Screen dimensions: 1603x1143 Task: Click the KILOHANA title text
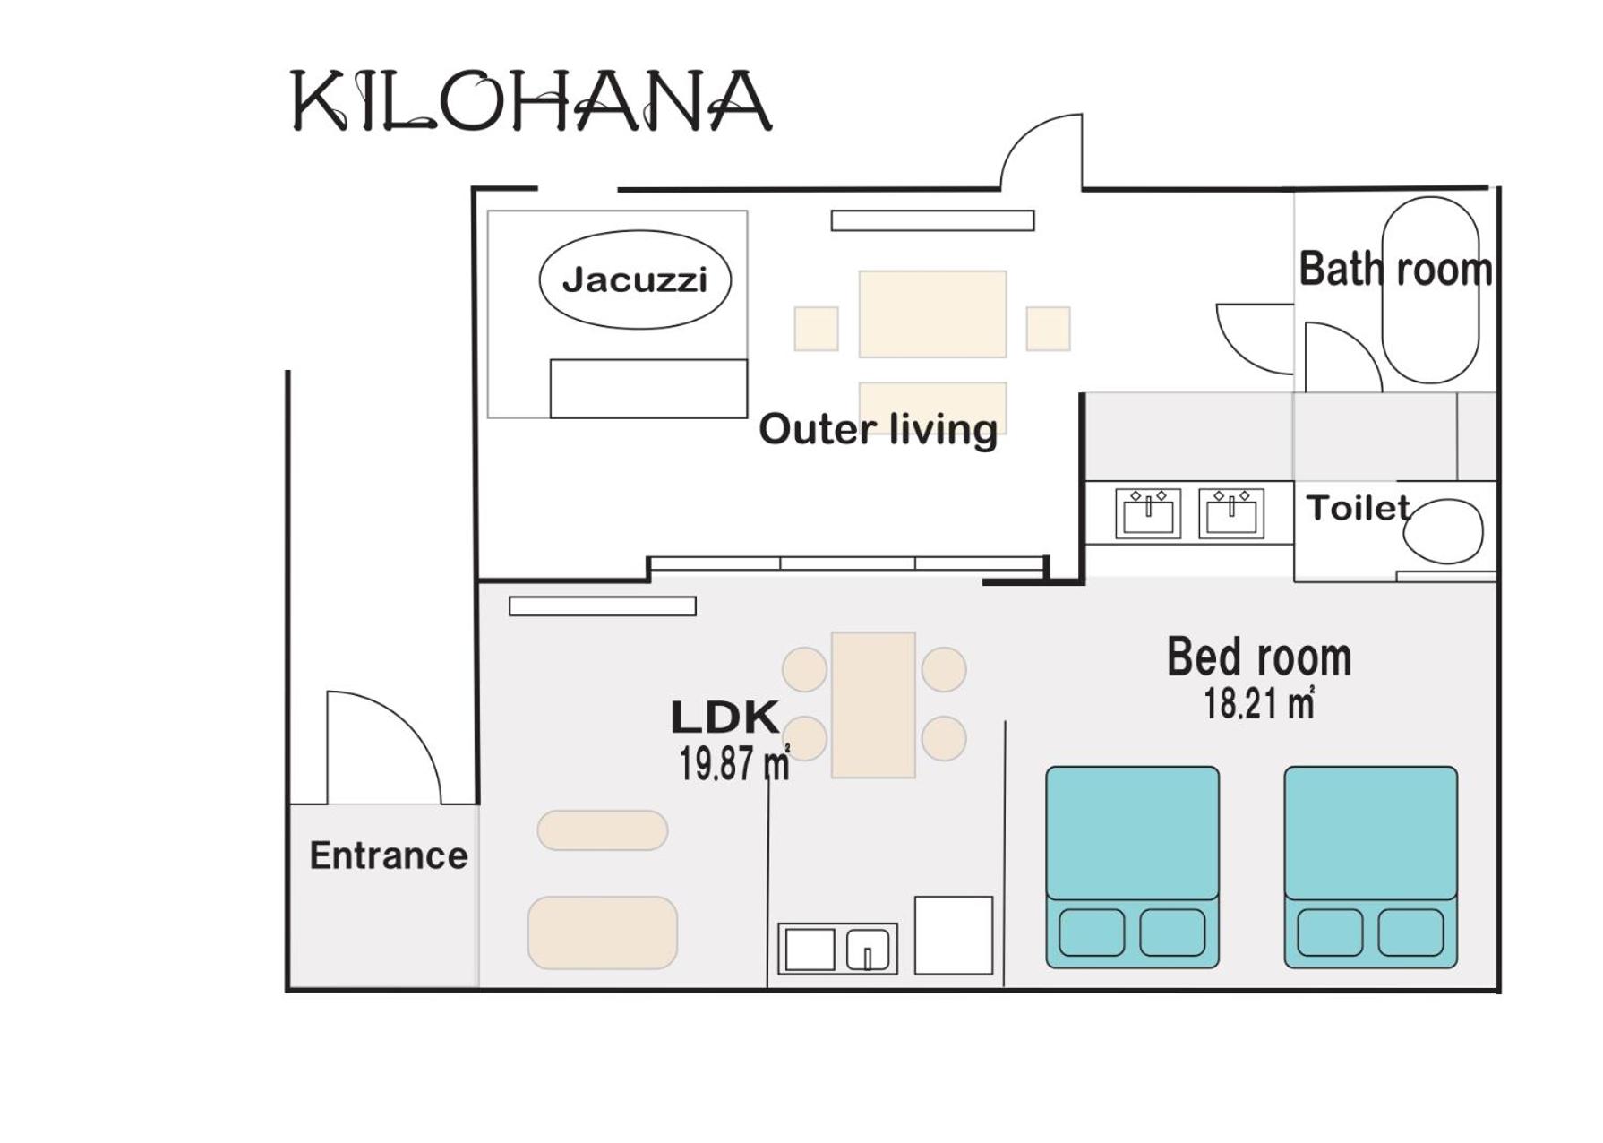(531, 101)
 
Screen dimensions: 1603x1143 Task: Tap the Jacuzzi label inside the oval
(635, 280)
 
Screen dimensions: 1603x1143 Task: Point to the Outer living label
(878, 429)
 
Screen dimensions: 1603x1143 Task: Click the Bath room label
(1395, 269)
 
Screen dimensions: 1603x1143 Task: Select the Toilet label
(1358, 508)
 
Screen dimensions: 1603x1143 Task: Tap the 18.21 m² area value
(1259, 703)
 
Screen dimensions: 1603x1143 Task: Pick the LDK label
(724, 717)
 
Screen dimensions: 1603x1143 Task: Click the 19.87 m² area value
(734, 763)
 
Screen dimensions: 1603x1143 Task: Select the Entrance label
(389, 855)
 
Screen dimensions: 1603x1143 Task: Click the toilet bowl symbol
(1443, 531)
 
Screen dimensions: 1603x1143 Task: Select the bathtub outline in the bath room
(1430, 290)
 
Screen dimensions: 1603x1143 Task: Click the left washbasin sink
(1148, 513)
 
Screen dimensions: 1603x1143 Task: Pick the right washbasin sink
(1231, 513)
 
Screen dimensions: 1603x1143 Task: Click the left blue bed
(1133, 867)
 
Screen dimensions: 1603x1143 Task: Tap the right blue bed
(1371, 867)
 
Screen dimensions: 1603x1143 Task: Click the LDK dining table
(873, 705)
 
